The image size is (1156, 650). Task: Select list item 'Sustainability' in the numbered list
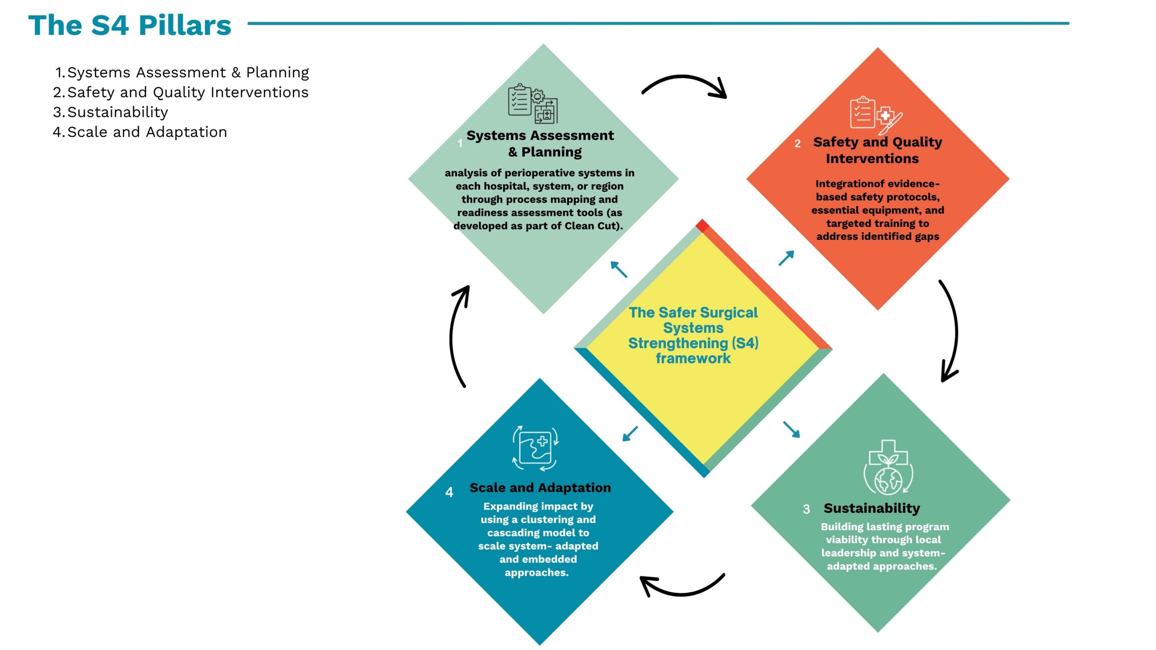[117, 112]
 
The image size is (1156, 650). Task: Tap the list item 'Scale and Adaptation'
[147, 132]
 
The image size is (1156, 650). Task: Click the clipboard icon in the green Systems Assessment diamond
[533, 103]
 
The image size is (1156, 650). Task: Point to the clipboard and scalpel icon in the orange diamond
[876, 115]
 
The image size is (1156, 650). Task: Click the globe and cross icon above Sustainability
[888, 467]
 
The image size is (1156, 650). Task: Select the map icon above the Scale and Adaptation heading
[535, 448]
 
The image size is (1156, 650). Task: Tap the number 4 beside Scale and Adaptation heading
[449, 492]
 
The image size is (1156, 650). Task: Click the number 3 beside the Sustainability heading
[806, 509]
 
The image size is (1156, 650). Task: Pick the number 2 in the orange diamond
[797, 144]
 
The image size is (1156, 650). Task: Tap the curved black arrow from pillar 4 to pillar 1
[452, 336]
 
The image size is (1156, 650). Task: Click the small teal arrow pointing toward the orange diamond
[786, 258]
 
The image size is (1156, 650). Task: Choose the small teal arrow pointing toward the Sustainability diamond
[791, 429]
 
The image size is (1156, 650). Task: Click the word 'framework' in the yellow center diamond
[693, 358]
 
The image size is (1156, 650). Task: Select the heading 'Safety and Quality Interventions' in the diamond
[877, 150]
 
